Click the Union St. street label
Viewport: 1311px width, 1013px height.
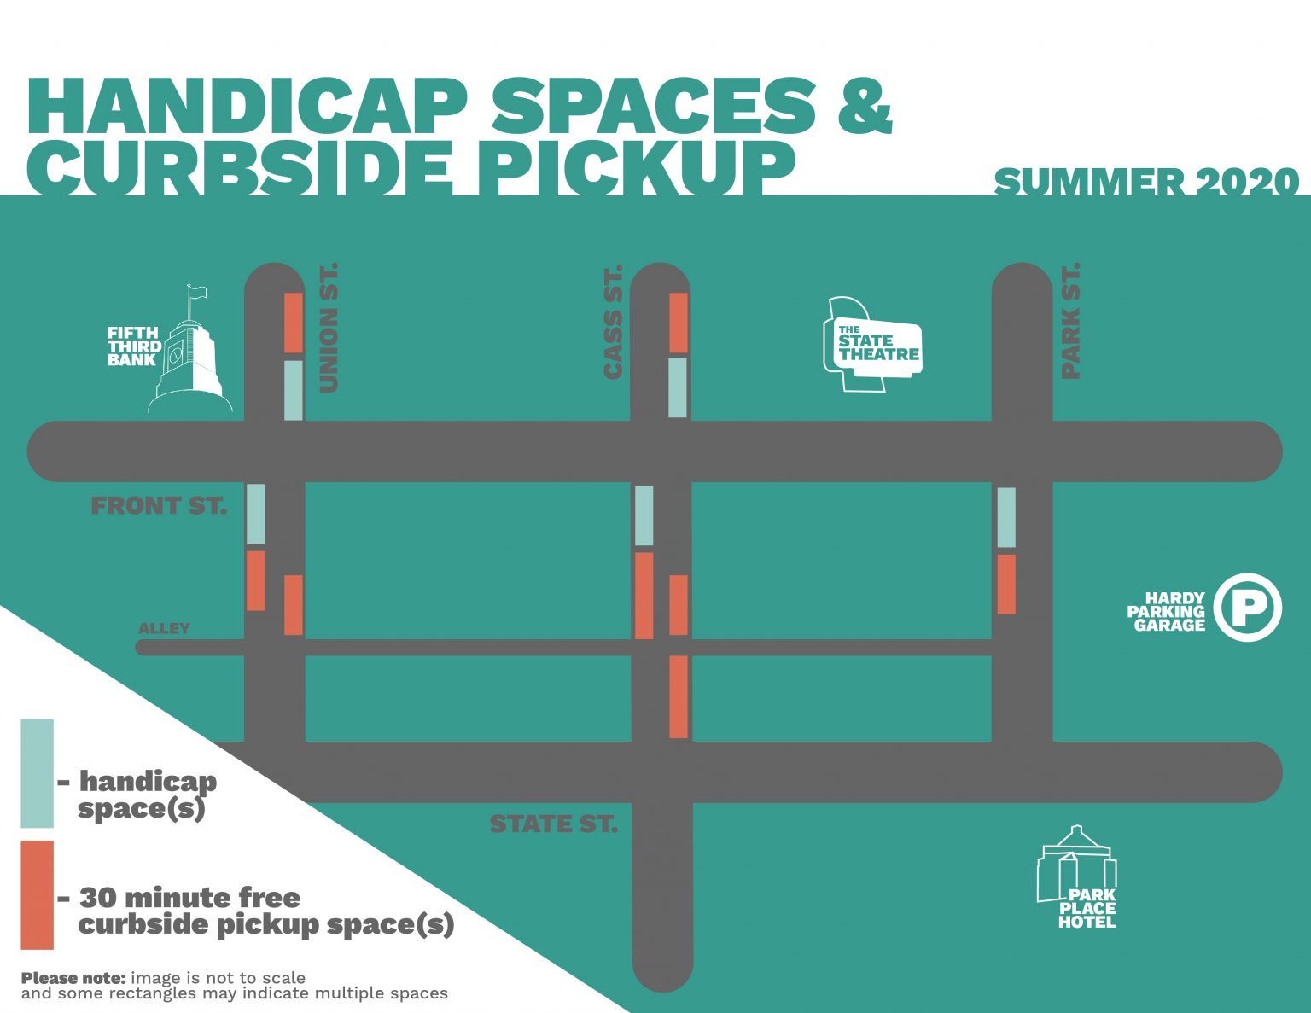[x=328, y=328]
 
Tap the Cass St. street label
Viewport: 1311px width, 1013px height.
[x=612, y=323]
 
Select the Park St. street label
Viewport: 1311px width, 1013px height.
[x=1070, y=321]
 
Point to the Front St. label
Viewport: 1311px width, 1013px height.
[x=160, y=505]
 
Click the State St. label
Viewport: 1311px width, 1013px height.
[x=554, y=824]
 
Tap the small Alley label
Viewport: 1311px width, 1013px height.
[x=164, y=628]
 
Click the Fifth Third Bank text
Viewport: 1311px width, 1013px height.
[x=134, y=346]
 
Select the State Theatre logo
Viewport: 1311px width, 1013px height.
[x=872, y=344]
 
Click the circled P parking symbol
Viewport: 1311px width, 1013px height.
[x=1248, y=607]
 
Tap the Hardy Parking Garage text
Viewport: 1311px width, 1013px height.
[x=1166, y=612]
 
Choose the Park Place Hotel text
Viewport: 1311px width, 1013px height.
[x=1087, y=909]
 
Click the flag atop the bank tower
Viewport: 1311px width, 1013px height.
[x=196, y=292]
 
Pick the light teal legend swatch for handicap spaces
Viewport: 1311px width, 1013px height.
[x=38, y=773]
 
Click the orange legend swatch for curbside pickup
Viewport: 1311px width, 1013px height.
[x=38, y=895]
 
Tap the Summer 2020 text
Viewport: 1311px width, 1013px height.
[x=1146, y=182]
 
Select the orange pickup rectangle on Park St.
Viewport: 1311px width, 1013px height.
[x=1006, y=585]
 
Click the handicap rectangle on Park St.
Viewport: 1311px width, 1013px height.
[x=1006, y=517]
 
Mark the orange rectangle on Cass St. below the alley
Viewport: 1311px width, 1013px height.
[x=679, y=696]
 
